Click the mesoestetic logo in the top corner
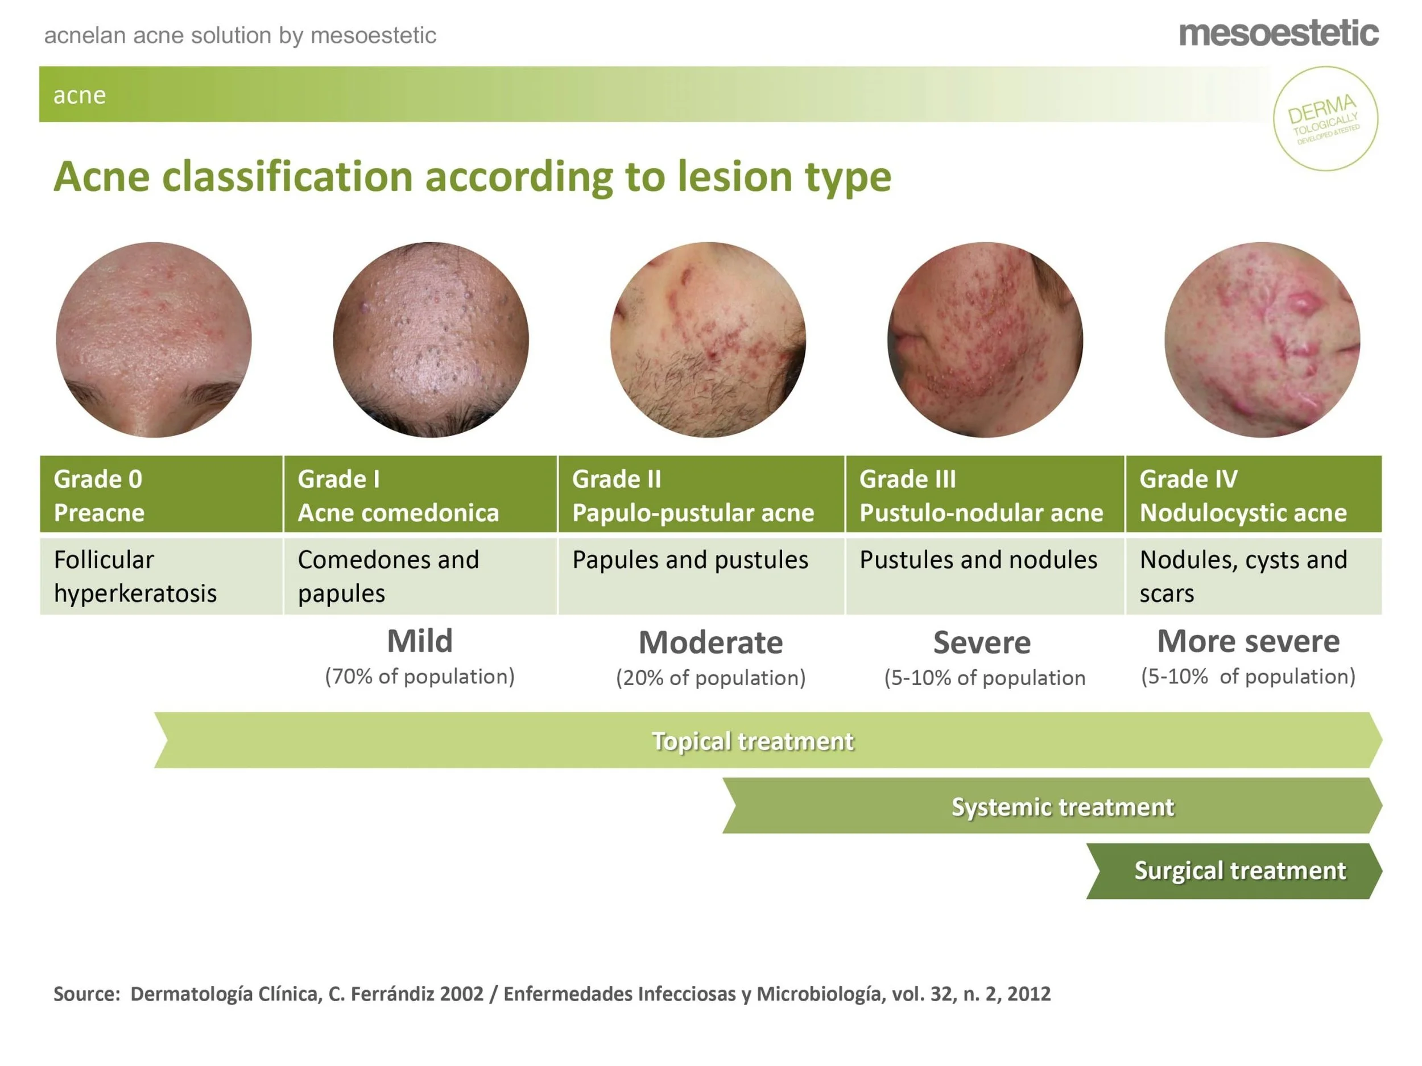pos(1278,34)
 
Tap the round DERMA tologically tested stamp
pos(1325,118)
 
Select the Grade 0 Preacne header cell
pos(161,495)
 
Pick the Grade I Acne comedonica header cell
pos(420,495)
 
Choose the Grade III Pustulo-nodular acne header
pos(984,495)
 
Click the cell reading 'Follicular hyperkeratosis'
pos(161,576)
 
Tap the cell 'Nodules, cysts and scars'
pos(1252,576)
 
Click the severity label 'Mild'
pos(420,641)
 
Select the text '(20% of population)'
pos(710,678)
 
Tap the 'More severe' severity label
pos(1248,641)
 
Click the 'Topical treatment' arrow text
pos(752,741)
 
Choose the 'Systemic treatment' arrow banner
pos(1062,806)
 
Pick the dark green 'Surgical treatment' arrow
pos(1239,870)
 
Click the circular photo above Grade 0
pos(154,339)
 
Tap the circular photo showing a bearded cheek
pos(708,339)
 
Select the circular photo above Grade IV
pos(1262,339)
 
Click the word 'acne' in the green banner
pos(79,95)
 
